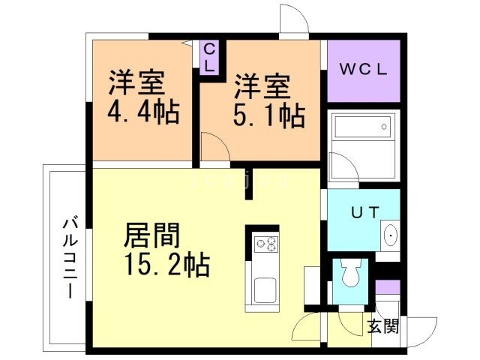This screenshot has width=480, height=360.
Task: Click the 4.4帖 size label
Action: [x=142, y=113]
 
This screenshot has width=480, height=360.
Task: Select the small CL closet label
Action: [x=210, y=58]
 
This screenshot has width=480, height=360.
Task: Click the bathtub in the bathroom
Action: [x=363, y=128]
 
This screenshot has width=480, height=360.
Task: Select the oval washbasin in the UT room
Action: [x=391, y=237]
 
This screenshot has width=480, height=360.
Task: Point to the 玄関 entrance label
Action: [x=382, y=327]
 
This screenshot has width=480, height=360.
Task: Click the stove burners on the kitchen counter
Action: [x=266, y=244]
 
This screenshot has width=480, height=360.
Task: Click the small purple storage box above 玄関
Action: [x=387, y=287]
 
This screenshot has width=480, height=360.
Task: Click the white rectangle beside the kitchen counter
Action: [x=310, y=284]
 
